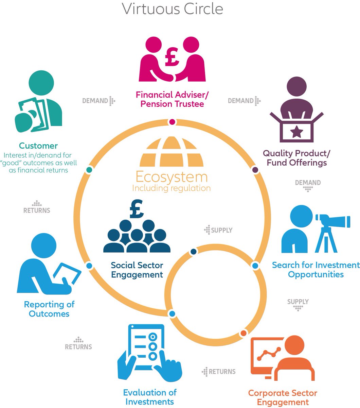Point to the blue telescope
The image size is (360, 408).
(333, 221)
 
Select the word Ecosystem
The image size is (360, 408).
(172, 177)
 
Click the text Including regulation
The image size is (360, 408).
(171, 188)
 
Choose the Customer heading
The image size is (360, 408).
(38, 146)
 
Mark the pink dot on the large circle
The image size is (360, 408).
(172, 122)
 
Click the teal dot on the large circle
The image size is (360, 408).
(89, 170)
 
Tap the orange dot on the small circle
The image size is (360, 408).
(243, 333)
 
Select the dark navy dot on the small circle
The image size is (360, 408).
(194, 252)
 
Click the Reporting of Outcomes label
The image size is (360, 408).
(49, 309)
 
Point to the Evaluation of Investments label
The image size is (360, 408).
(150, 397)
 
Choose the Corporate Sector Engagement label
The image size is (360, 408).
(283, 398)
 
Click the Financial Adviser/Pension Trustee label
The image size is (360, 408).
(172, 99)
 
